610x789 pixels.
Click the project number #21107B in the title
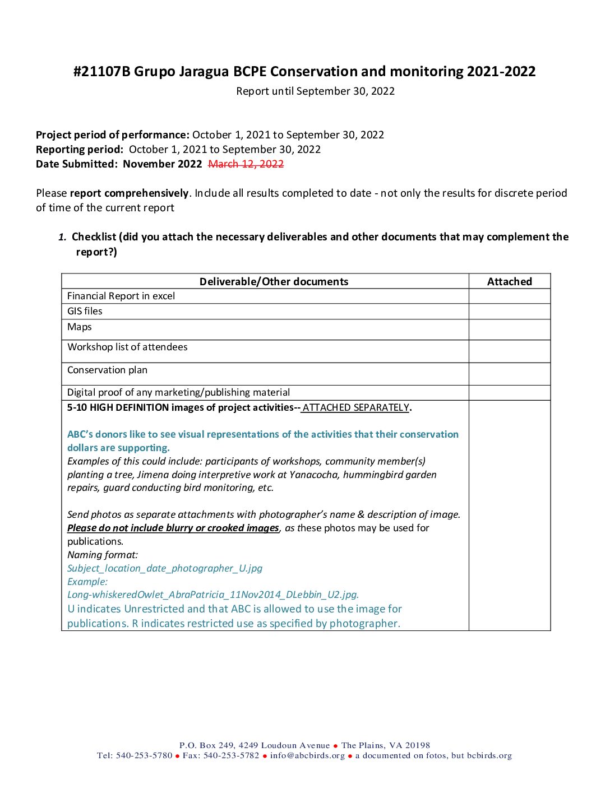tap(101, 72)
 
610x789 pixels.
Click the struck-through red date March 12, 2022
tap(246, 164)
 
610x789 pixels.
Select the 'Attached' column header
tap(509, 282)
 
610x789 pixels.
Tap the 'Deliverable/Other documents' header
tap(274, 282)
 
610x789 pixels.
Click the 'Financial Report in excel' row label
tap(121, 296)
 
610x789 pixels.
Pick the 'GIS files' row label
tap(85, 311)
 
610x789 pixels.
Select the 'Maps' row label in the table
tap(79, 327)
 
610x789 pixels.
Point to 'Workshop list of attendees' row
tap(127, 347)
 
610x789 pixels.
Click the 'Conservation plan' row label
tap(107, 370)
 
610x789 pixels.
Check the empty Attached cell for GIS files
tap(509, 312)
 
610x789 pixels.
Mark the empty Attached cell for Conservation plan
tap(509, 374)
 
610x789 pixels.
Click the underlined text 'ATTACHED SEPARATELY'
tap(356, 407)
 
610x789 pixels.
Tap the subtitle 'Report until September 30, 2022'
tap(315, 91)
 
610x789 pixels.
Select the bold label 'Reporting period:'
tap(80, 150)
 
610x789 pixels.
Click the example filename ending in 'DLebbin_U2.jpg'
tap(213, 595)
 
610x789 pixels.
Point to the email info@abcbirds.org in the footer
tap(307, 755)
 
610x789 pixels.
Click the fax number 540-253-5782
tap(231, 755)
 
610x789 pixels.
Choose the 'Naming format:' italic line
tap(103, 555)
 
